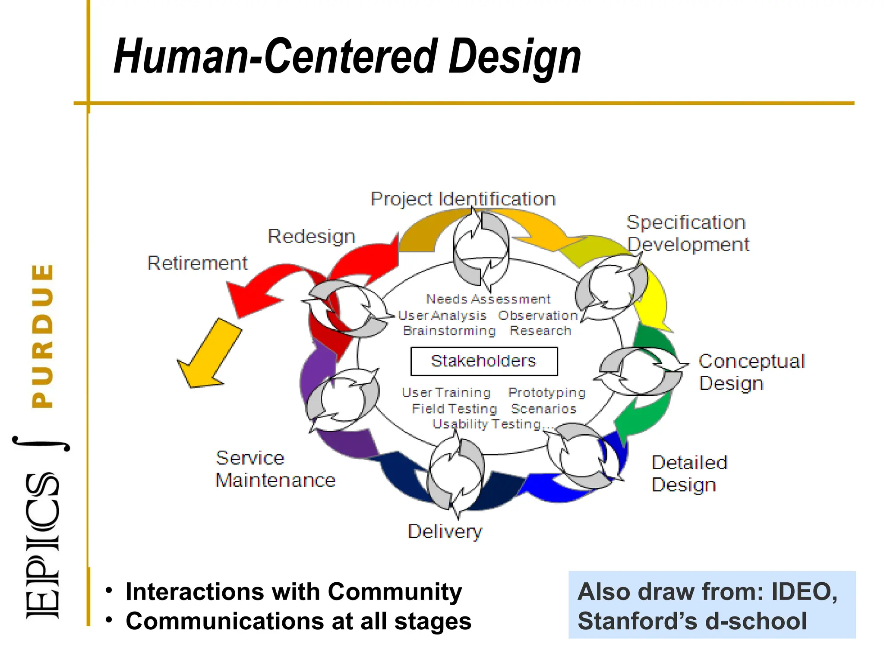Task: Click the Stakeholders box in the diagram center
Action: tap(484, 361)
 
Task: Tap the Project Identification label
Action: tap(463, 199)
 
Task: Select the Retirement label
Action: tap(197, 263)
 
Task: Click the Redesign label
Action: tap(311, 236)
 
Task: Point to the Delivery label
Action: tap(445, 531)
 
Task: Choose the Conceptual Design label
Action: tap(751, 372)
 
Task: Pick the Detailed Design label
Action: tap(689, 474)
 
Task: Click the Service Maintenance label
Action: tap(275, 469)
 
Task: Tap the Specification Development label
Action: tap(688, 234)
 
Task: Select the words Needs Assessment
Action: tap(488, 299)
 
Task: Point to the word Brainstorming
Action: tap(449, 331)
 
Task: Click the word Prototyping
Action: tap(547, 392)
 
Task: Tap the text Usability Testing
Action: tap(487, 424)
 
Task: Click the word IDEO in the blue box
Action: tap(804, 591)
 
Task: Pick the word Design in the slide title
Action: tap(515, 57)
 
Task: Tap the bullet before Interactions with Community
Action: tap(109, 590)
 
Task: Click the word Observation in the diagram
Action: tap(538, 316)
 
